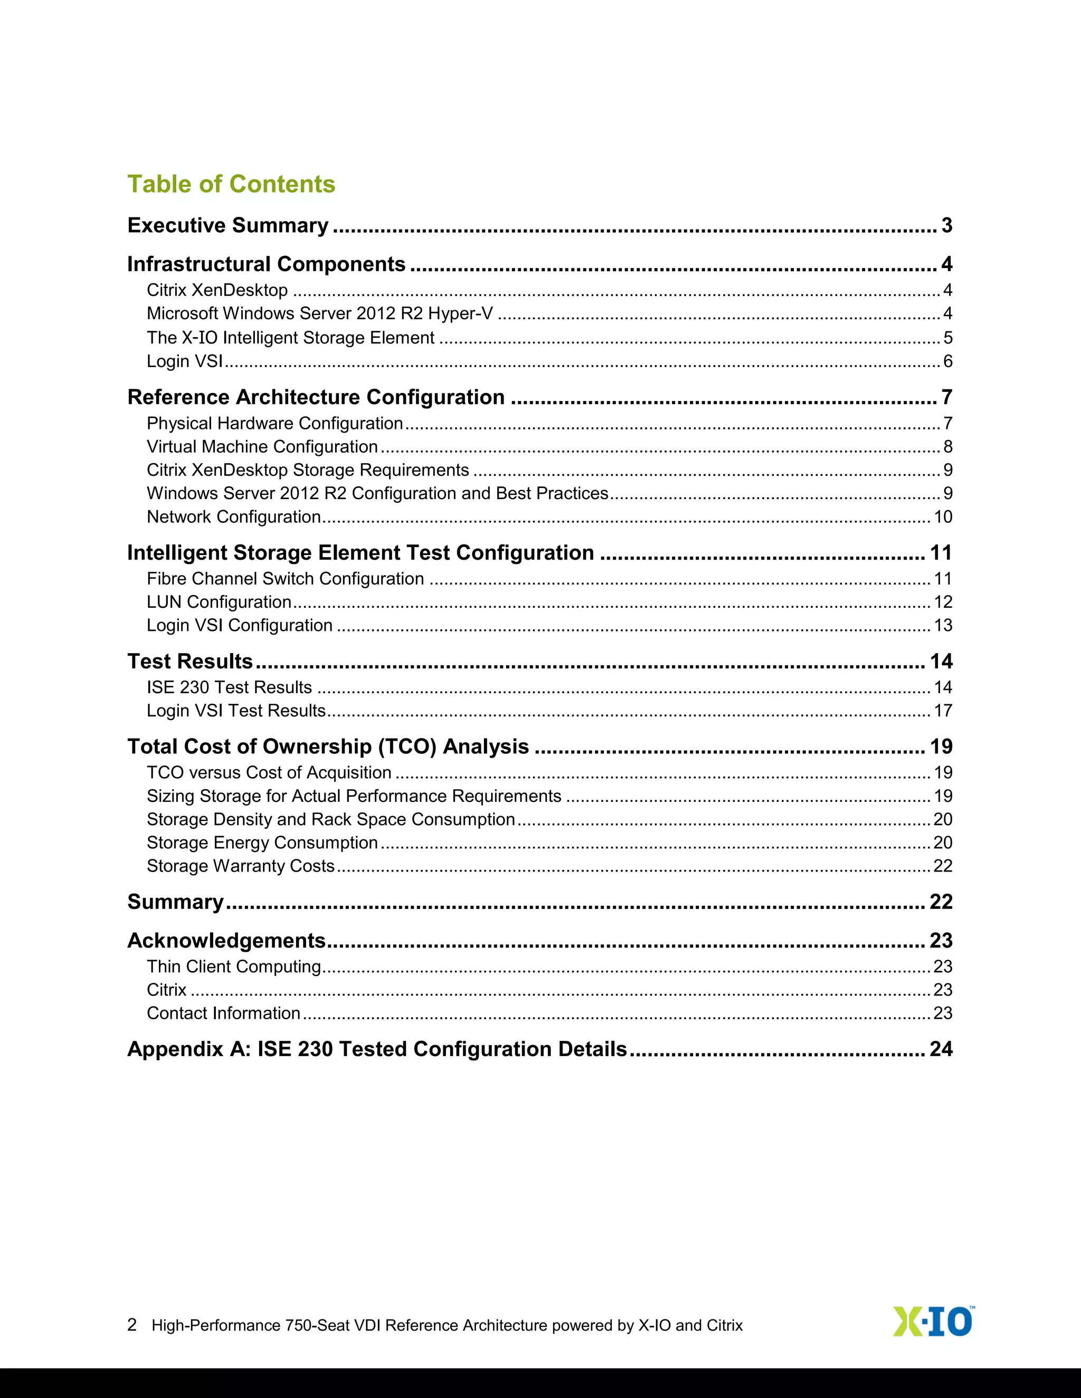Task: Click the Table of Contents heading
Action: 231,184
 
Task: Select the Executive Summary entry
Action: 228,225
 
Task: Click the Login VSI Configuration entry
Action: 240,625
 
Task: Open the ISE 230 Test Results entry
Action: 229,687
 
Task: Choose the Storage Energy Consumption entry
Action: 262,842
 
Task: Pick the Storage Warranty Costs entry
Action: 240,866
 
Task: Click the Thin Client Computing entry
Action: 234,966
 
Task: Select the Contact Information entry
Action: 223,1013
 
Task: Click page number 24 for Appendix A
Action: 941,1049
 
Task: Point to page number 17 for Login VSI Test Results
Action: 943,711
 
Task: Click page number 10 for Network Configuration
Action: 943,516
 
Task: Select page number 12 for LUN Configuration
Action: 943,602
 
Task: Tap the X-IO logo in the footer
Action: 933,1322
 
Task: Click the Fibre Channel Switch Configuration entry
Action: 285,579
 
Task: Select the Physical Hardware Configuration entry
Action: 274,424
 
